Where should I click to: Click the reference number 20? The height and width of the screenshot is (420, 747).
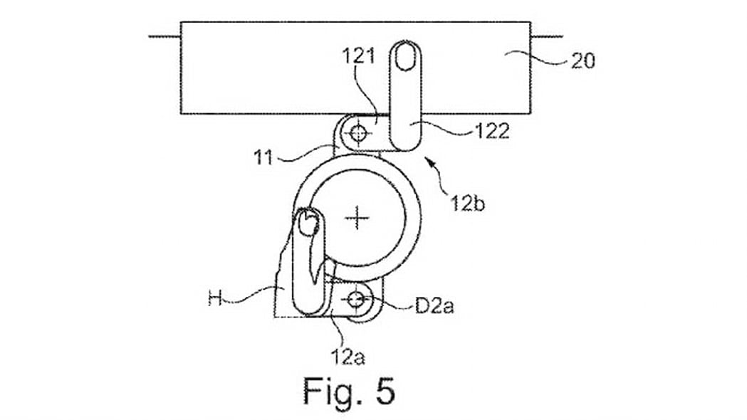(x=583, y=61)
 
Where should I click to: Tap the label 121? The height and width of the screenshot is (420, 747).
(x=359, y=56)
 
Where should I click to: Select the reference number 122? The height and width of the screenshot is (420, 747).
(x=492, y=131)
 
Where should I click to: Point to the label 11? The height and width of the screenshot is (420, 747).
(x=263, y=157)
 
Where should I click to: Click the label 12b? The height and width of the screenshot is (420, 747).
(x=467, y=203)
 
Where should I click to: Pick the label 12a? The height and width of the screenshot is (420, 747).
(x=348, y=356)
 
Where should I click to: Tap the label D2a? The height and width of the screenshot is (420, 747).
(x=434, y=305)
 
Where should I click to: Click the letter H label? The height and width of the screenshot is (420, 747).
(x=215, y=300)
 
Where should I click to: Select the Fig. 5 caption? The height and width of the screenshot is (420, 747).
(x=349, y=391)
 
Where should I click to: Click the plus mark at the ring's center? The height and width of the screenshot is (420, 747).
(x=357, y=219)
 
